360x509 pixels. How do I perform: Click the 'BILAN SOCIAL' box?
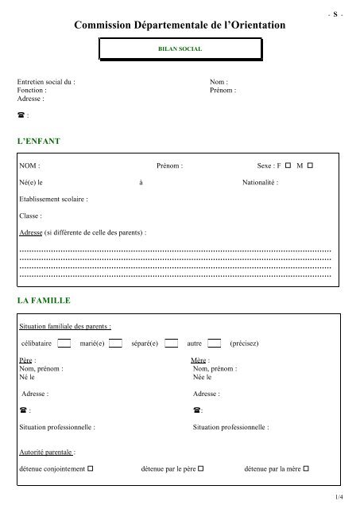(180, 49)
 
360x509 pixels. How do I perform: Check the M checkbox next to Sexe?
(310, 165)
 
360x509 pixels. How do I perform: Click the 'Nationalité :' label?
(261, 183)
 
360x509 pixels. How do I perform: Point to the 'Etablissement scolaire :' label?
(53, 200)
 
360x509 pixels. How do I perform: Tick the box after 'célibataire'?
(65, 344)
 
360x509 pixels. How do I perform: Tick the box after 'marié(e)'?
(115, 344)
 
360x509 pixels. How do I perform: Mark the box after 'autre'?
(214, 344)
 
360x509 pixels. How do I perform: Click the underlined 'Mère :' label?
(201, 361)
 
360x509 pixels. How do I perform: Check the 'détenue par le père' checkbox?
(203, 468)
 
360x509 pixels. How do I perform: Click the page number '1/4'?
(339, 497)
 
